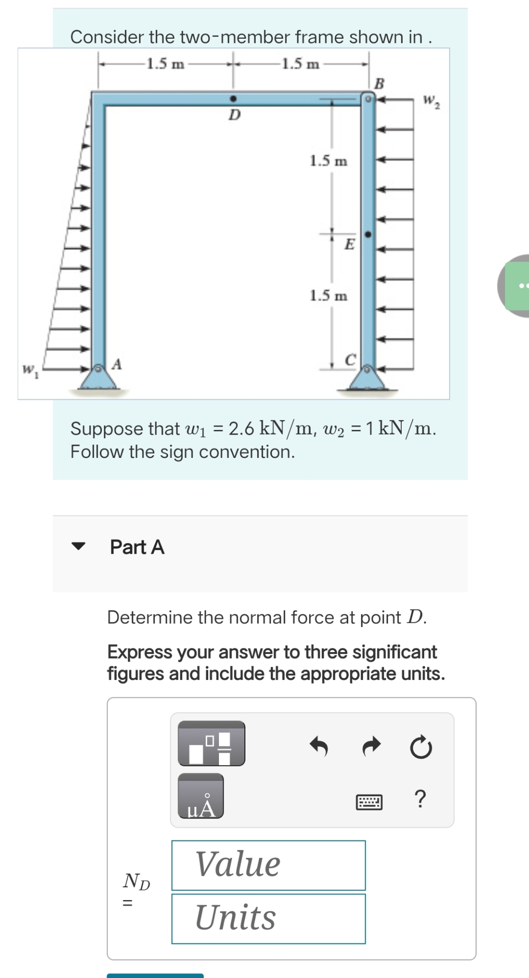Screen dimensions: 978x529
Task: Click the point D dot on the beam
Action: (x=233, y=98)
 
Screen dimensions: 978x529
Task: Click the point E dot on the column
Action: (x=368, y=235)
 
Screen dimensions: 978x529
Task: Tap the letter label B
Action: (x=379, y=84)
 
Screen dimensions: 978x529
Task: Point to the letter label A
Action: (x=117, y=364)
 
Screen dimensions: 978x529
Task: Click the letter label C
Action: (x=350, y=360)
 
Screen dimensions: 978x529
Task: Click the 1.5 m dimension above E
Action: (x=328, y=161)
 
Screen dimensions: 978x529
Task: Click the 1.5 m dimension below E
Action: (x=328, y=295)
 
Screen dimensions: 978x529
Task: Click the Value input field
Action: (x=268, y=865)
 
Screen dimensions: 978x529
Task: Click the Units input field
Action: (x=268, y=918)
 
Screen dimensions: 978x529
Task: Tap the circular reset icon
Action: (x=421, y=748)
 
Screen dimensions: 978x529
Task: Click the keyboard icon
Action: (x=369, y=802)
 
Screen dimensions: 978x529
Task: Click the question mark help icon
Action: (x=420, y=799)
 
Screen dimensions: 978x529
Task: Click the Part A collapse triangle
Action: (x=78, y=547)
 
